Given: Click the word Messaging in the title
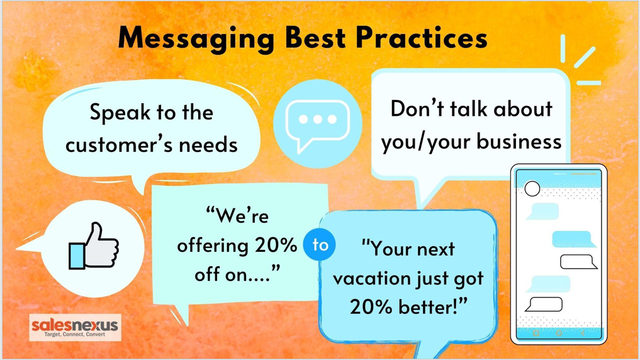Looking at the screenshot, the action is [x=196, y=39].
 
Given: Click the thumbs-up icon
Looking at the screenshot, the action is [x=94, y=246].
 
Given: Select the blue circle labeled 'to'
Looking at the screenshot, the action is [x=320, y=244].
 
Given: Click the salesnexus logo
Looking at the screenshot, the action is [x=75, y=327].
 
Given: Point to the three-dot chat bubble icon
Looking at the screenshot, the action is [x=318, y=124].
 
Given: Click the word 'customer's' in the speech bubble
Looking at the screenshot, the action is [x=119, y=145].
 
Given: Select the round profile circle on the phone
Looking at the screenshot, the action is [x=532, y=189].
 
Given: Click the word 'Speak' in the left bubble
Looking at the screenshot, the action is [x=120, y=113].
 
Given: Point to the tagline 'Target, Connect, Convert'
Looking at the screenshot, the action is [x=74, y=334].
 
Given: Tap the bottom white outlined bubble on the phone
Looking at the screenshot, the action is [x=544, y=305].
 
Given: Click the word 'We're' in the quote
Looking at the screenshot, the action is [x=237, y=215].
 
